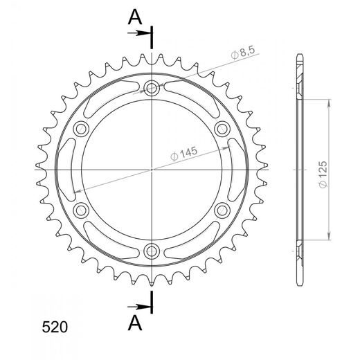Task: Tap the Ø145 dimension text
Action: tap(184, 154)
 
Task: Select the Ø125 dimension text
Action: tap(323, 174)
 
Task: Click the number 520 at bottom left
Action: tap(55, 327)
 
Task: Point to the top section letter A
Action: tap(135, 18)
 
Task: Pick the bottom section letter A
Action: tap(135, 323)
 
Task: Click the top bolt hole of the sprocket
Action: tap(152, 88)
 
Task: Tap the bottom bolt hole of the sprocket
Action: tap(152, 251)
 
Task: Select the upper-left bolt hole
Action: tap(81, 129)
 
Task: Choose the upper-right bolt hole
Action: tap(222, 129)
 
